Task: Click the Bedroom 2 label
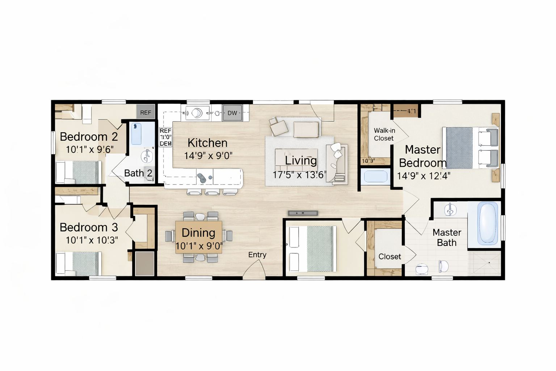point(89,137)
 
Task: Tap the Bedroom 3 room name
point(89,227)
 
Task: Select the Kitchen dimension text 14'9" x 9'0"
point(208,155)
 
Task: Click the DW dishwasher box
point(232,113)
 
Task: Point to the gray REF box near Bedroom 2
point(146,112)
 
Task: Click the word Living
point(301,160)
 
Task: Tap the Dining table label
point(198,233)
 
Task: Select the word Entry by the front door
point(257,255)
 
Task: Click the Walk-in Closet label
point(384,134)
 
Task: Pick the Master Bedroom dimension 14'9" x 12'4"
point(424,176)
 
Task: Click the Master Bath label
point(447,237)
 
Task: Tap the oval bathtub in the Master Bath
point(487,223)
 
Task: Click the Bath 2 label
point(138,173)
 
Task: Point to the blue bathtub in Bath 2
point(136,133)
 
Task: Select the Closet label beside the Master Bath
point(389,257)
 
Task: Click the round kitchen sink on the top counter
point(197,113)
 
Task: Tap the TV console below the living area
point(303,213)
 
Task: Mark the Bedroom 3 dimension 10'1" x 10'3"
point(92,240)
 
